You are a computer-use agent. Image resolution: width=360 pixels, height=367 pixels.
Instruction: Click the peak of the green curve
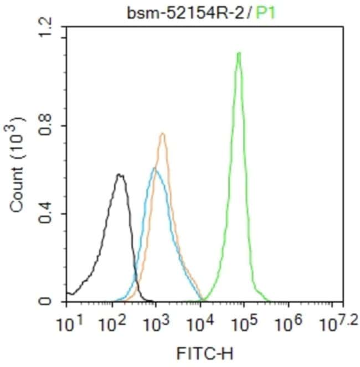(239, 54)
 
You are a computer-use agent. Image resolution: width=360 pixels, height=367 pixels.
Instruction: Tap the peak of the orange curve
(162, 133)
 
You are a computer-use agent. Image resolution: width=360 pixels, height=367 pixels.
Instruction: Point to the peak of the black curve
(119, 175)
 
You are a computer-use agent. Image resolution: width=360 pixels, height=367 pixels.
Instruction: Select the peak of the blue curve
(155, 169)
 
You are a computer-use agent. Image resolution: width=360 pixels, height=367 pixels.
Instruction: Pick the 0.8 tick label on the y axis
(48, 126)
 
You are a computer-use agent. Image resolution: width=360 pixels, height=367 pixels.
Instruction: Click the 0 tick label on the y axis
(48, 302)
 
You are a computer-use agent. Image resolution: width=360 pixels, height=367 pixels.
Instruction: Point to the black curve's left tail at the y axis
(68, 293)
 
